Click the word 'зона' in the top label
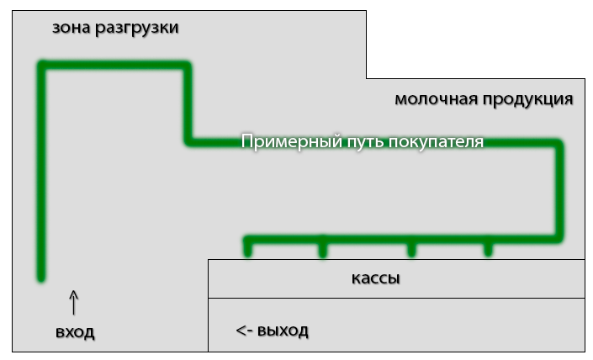click(71, 28)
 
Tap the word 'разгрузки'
click(137, 29)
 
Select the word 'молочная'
click(436, 99)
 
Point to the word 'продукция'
click(528, 100)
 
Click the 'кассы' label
click(375, 278)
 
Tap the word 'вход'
click(75, 333)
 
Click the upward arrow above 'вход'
click(73, 301)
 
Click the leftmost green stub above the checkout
click(247, 249)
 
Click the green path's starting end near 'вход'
click(40, 276)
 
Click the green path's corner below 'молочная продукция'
click(559, 143)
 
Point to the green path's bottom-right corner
click(559, 239)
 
